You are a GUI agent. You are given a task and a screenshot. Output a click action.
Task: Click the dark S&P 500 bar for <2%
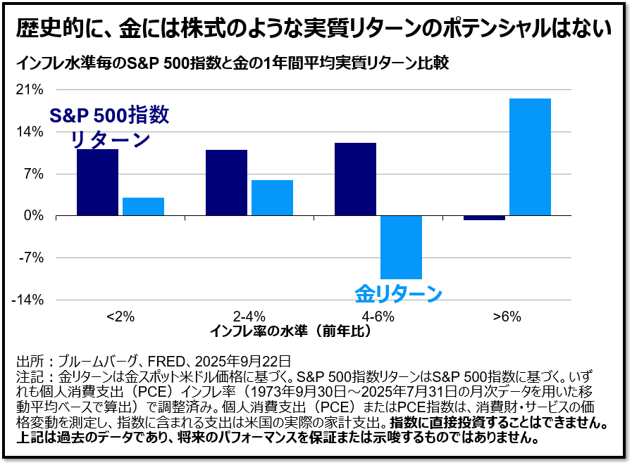97,182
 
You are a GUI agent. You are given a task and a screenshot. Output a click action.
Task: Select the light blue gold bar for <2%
143,207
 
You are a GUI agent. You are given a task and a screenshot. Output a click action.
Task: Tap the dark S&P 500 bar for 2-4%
226,183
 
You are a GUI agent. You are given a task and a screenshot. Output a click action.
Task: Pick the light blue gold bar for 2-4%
272,198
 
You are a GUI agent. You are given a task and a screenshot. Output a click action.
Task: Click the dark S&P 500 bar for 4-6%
355,179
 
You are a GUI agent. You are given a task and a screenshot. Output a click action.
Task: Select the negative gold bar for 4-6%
401,247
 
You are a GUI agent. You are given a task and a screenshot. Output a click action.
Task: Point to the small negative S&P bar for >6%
484,218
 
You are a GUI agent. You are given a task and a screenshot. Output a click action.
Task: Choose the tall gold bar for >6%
530,157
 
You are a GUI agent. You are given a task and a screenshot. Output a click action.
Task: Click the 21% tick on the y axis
32,90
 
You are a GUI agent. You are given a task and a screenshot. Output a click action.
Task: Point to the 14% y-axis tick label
32,132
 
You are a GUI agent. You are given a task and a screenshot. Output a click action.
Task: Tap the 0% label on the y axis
35,216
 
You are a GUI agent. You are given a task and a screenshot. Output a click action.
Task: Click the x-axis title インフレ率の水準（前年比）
290,331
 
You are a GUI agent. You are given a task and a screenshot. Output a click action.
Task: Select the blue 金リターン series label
398,293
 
